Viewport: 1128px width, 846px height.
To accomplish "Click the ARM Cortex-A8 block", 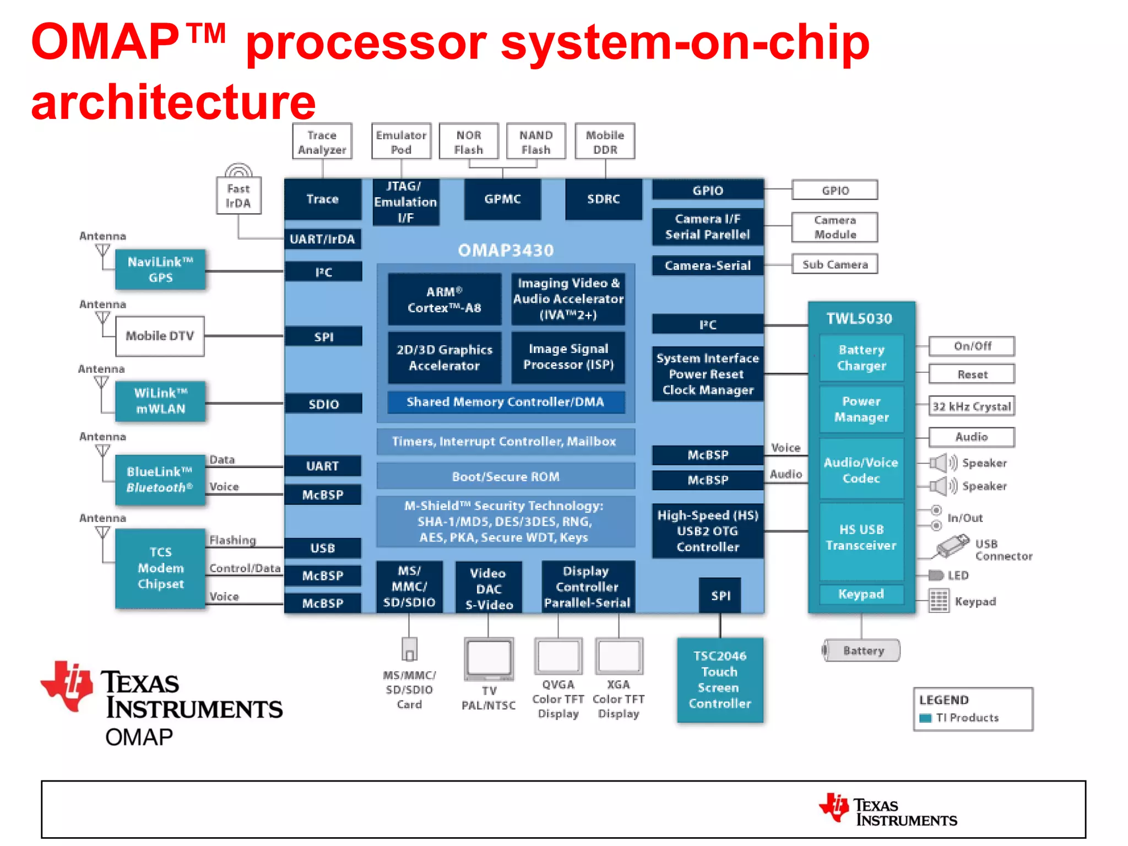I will (x=444, y=300).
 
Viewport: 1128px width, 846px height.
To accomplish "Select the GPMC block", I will (x=502, y=199).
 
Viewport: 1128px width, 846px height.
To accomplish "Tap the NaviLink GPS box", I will (x=160, y=269).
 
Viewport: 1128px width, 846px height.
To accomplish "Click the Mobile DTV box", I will (x=160, y=336).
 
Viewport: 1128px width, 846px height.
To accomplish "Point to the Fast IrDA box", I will (x=238, y=196).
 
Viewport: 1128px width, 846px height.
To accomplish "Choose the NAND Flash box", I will (x=535, y=142).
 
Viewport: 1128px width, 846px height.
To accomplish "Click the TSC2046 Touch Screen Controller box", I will (x=719, y=680).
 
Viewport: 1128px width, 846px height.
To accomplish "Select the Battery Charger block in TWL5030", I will (x=861, y=357).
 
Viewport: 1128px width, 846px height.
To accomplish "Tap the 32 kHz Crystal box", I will (x=972, y=406).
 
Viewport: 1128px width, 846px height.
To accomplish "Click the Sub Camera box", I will (x=834, y=264).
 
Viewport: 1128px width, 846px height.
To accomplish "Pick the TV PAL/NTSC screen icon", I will (x=489, y=659).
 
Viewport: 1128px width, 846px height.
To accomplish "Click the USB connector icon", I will (x=952, y=545).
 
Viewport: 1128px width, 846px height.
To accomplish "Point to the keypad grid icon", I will (x=939, y=601).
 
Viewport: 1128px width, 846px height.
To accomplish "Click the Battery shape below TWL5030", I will (x=861, y=650).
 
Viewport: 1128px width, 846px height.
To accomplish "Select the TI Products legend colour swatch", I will (x=925, y=718).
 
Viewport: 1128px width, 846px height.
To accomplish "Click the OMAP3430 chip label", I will (x=506, y=251).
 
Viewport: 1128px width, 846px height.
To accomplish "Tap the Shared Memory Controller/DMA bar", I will (x=506, y=402).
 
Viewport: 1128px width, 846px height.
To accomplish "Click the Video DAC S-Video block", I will (x=489, y=588).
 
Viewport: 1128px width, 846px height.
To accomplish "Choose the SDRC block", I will (x=603, y=199).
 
